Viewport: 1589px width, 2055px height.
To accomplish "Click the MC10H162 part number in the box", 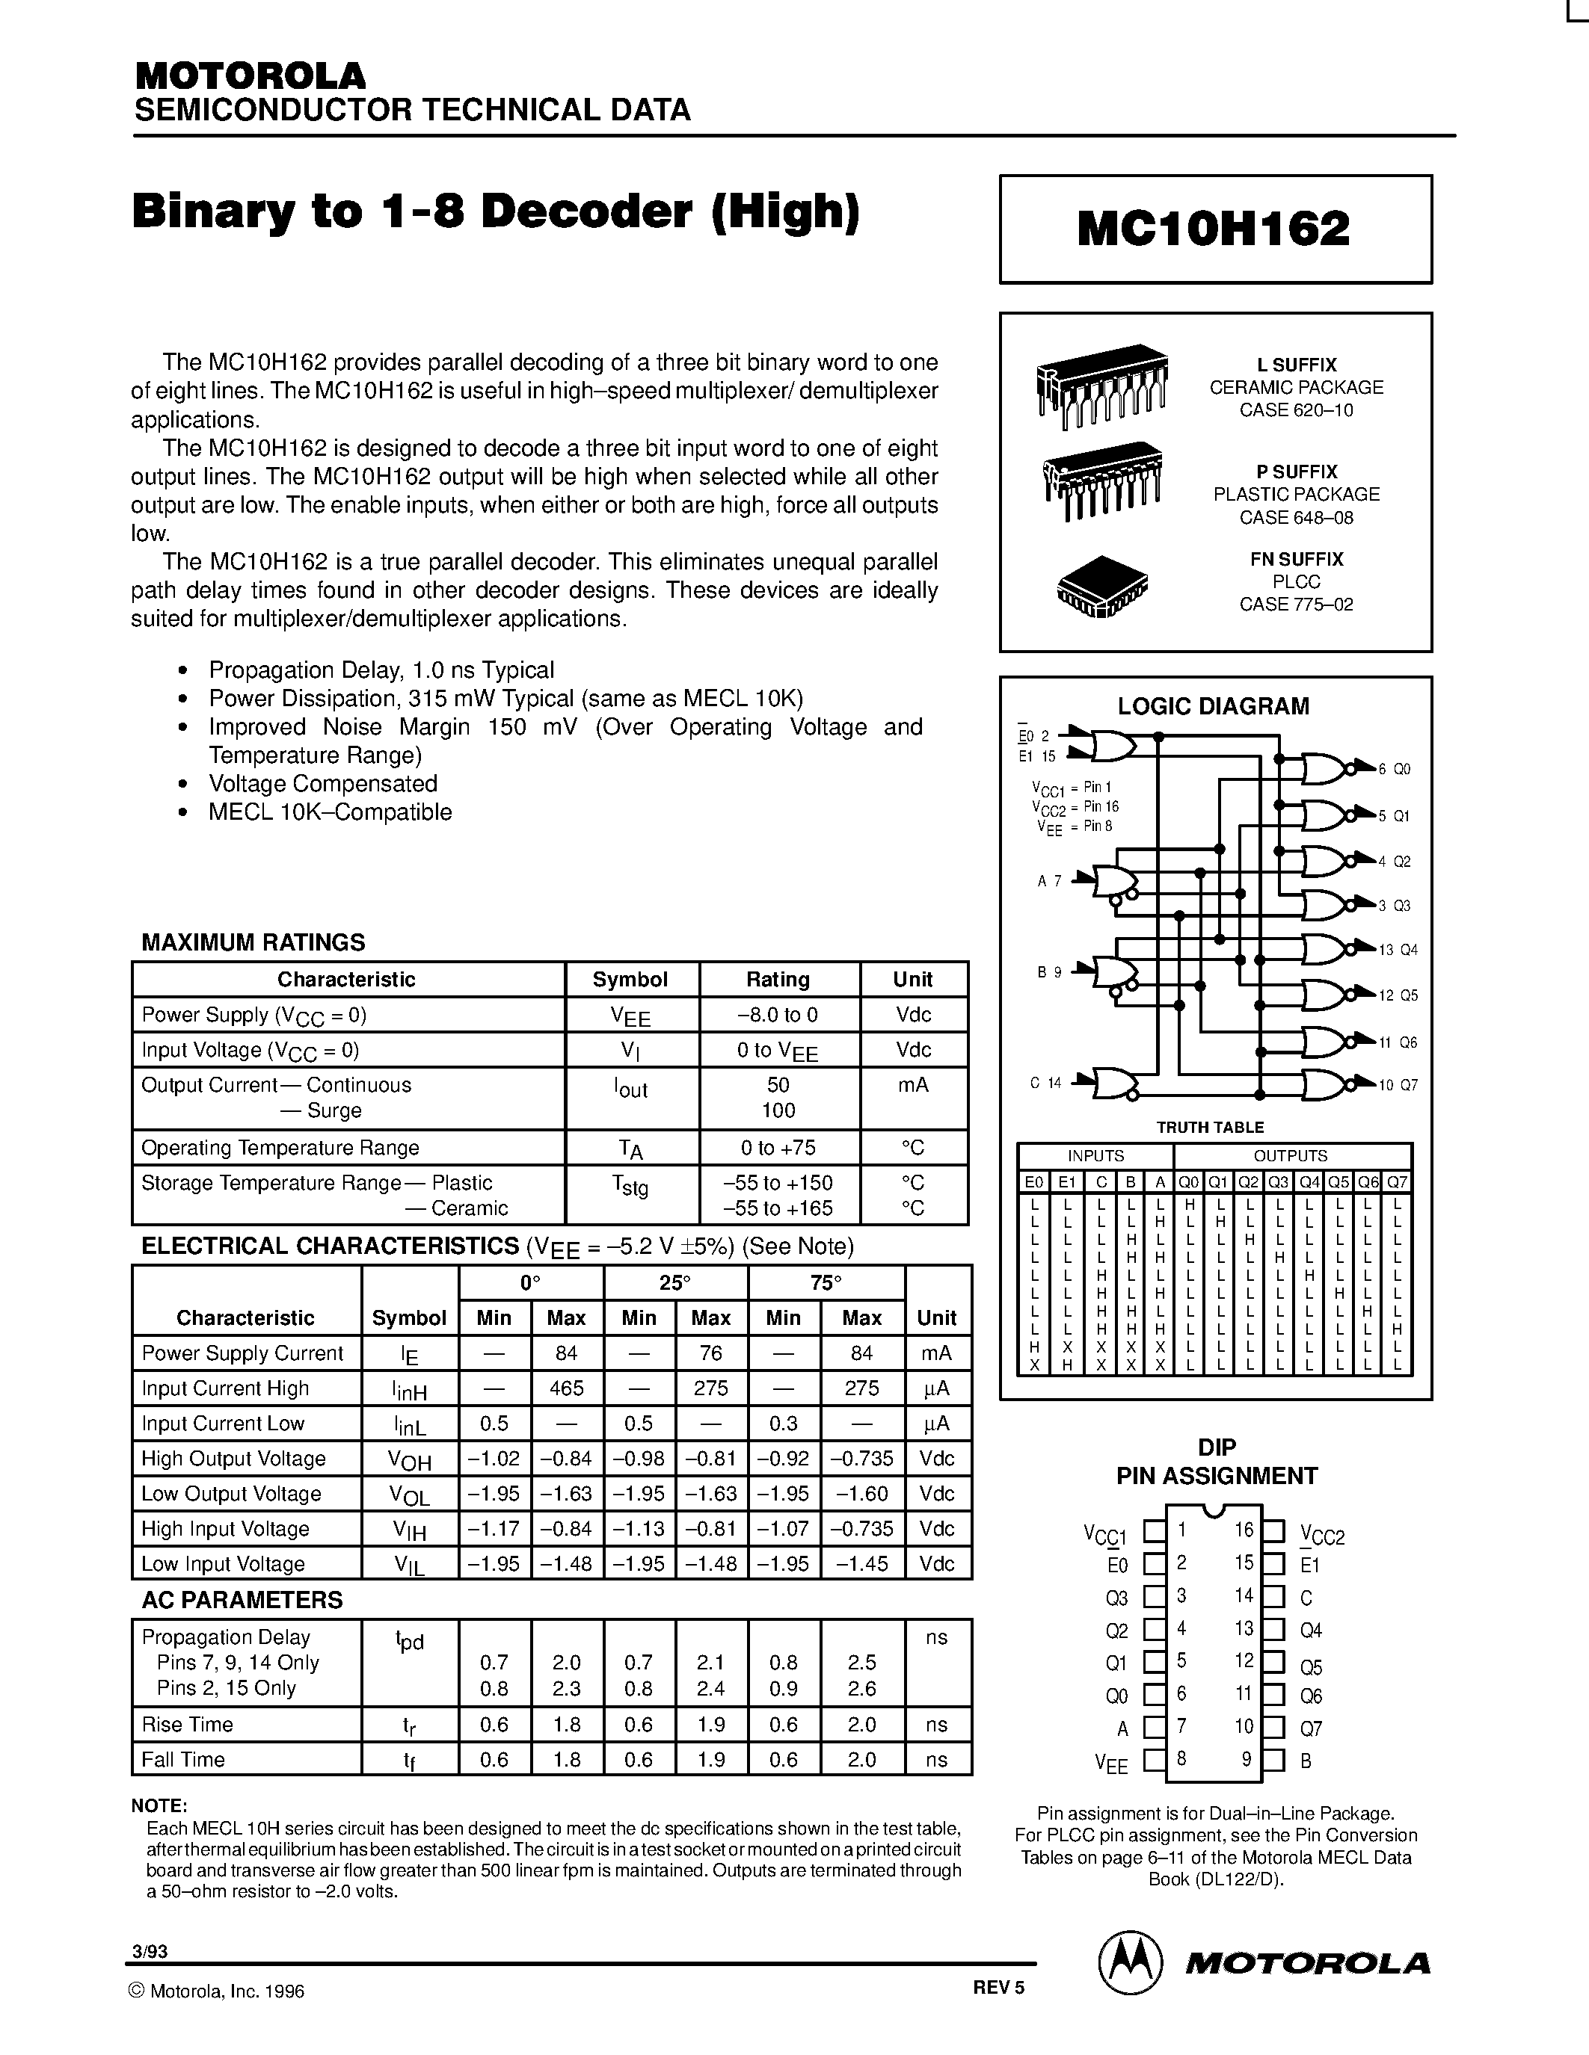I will (1214, 229).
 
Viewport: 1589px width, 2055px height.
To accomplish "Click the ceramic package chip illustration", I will (1101, 385).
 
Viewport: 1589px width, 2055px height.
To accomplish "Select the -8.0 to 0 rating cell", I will (778, 1014).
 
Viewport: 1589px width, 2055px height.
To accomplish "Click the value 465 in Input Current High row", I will (567, 1388).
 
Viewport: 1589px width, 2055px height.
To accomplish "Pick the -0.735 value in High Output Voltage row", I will (861, 1459).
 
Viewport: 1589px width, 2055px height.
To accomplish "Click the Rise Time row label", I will (188, 1724).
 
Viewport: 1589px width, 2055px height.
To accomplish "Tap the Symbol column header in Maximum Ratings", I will (630, 979).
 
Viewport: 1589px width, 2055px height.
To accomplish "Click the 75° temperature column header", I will (826, 1282).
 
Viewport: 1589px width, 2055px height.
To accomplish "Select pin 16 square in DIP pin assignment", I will (1273, 1532).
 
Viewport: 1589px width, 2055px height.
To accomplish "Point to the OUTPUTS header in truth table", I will (1290, 1155).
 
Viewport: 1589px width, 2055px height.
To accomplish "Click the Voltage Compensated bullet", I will (322, 784).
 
